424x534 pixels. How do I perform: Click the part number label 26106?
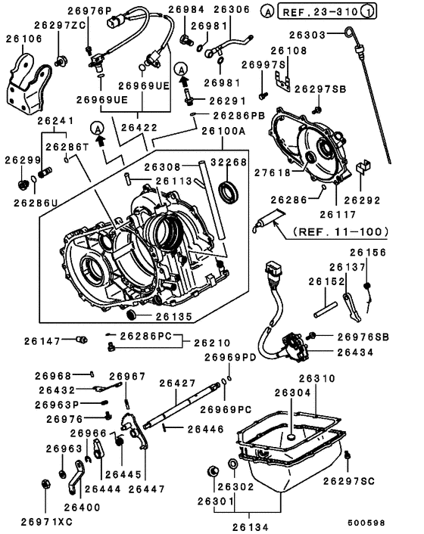coord(23,38)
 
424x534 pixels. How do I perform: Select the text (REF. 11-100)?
coord(338,231)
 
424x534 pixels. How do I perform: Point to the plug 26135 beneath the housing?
coord(129,315)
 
